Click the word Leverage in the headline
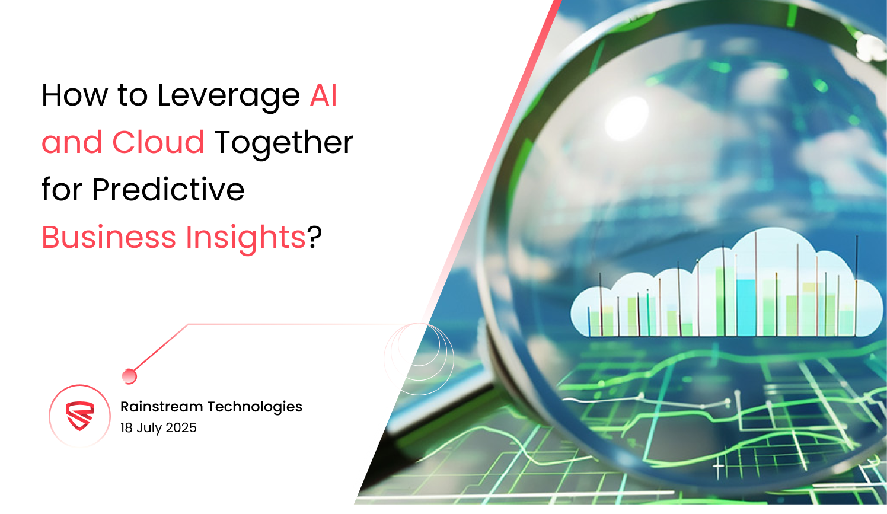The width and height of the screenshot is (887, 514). [x=228, y=96]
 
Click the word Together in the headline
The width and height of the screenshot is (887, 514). [x=284, y=143]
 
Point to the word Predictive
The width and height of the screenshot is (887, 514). [x=168, y=189]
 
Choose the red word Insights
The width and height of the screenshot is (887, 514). [x=245, y=238]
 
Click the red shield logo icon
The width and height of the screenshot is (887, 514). [x=79, y=416]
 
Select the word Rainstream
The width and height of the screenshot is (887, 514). [x=161, y=407]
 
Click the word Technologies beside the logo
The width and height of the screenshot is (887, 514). [x=254, y=407]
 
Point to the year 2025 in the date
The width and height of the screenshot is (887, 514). [x=181, y=427]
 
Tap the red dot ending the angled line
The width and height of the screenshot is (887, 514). [x=129, y=376]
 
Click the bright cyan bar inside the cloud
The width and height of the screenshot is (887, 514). [x=746, y=308]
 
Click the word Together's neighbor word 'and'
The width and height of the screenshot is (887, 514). [x=72, y=142]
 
